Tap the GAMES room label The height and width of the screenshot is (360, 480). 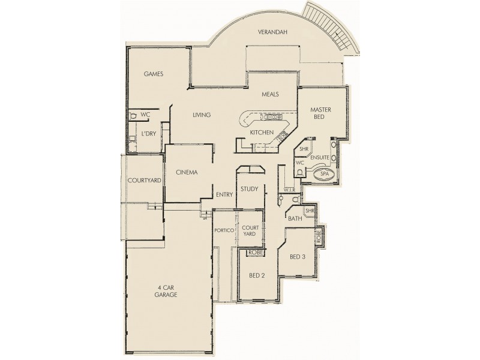click(154, 74)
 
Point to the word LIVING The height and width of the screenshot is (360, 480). click(201, 115)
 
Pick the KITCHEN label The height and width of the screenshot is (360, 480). click(262, 132)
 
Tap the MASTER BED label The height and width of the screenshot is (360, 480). click(322, 115)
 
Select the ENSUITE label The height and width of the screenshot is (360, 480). click(319, 157)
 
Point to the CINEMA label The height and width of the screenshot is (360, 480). click(187, 172)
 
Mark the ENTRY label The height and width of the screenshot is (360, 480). click(224, 194)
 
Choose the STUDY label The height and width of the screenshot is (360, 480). click(249, 189)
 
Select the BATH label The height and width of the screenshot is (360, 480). click(295, 219)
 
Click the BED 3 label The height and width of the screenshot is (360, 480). click(298, 257)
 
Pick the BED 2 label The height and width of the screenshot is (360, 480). click(257, 275)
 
